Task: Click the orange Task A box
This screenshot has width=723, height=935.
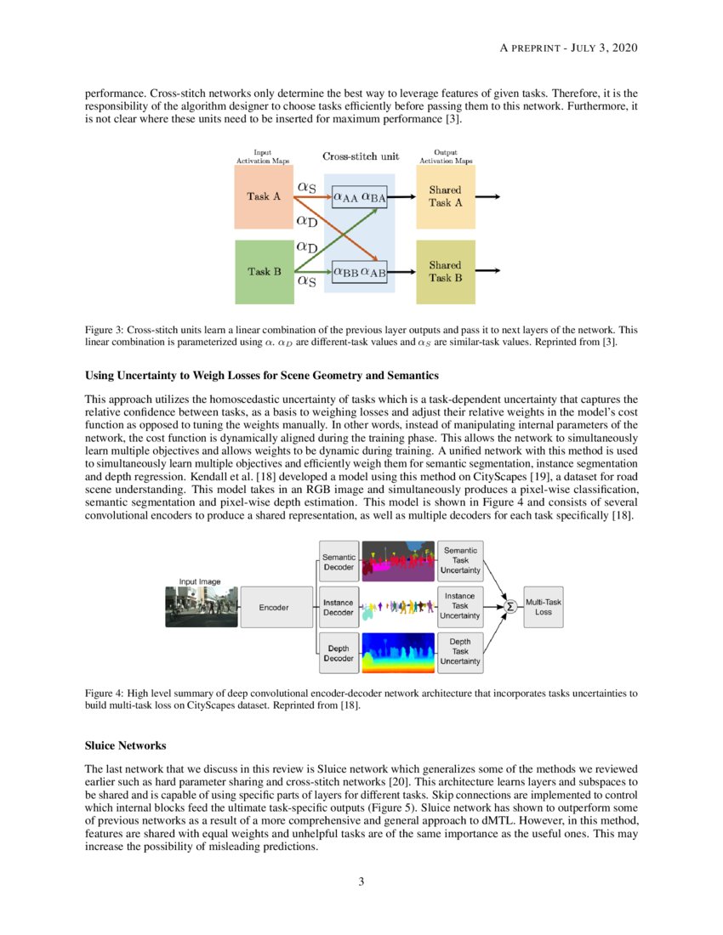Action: (264, 196)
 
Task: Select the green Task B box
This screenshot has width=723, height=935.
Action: (264, 272)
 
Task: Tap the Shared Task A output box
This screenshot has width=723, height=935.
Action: (445, 196)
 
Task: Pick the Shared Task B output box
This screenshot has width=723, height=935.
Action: (445, 272)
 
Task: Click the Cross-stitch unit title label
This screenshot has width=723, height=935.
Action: (361, 157)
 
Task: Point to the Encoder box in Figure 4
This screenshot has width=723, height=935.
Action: (275, 607)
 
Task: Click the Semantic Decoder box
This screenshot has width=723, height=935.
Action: (339, 562)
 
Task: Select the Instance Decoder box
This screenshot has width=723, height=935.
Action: (339, 607)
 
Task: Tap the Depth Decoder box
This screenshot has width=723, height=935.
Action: (339, 653)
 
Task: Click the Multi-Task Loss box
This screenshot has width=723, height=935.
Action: (543, 606)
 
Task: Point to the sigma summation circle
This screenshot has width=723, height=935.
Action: (510, 606)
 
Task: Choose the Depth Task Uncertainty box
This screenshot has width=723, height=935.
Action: (459, 651)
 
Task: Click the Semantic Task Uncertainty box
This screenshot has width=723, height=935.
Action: (459, 561)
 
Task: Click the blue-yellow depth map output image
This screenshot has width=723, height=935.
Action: (397, 651)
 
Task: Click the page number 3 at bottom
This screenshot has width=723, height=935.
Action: (361, 881)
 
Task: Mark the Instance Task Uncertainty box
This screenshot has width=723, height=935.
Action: (459, 606)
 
